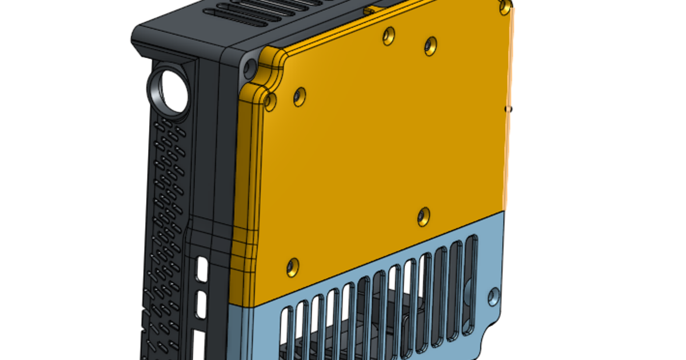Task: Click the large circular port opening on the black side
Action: pyautogui.click(x=169, y=90)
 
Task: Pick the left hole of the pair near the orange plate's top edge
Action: pyautogui.click(x=389, y=35)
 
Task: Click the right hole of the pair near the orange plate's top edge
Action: pyautogui.click(x=430, y=46)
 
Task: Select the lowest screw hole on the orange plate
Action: pyautogui.click(x=292, y=266)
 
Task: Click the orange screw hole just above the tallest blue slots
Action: pyautogui.click(x=423, y=216)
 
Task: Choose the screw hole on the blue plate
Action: pyautogui.click(x=493, y=296)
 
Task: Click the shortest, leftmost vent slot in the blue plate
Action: pyautogui.click(x=287, y=334)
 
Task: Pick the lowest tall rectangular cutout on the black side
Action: pyautogui.click(x=198, y=345)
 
